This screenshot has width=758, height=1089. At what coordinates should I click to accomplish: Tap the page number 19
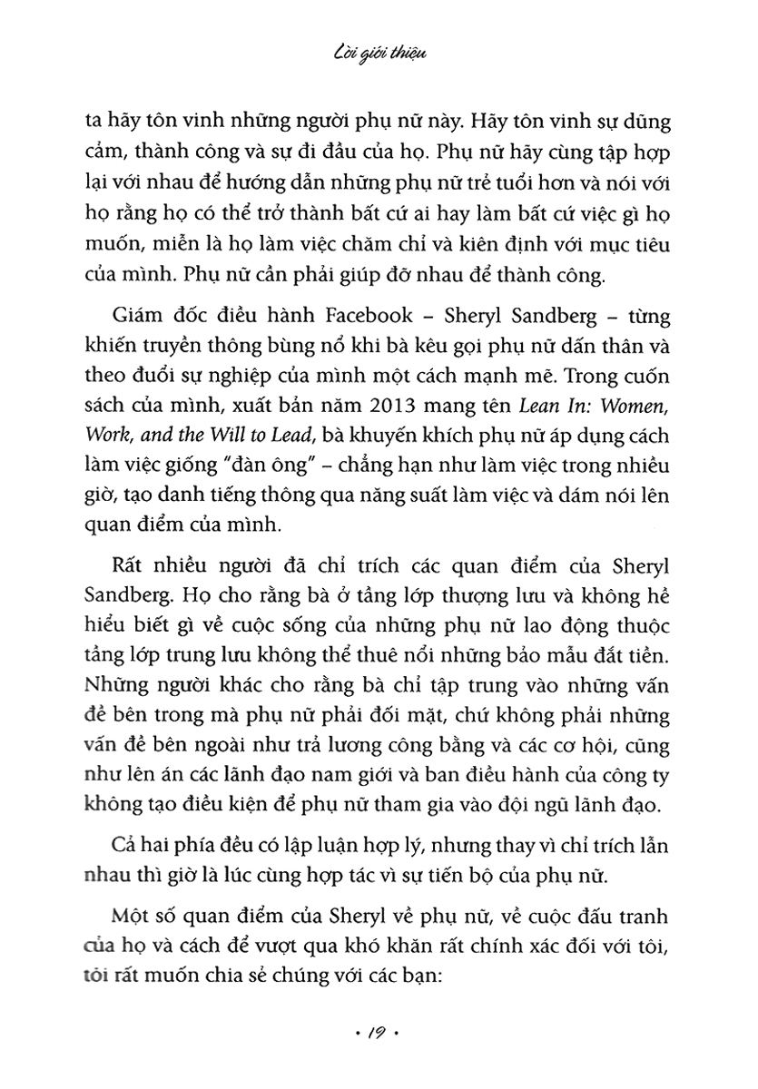tap(379, 1033)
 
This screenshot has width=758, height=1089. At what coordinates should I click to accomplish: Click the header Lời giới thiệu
tap(379, 57)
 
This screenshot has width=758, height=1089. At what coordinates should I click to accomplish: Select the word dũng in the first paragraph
tap(630, 124)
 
